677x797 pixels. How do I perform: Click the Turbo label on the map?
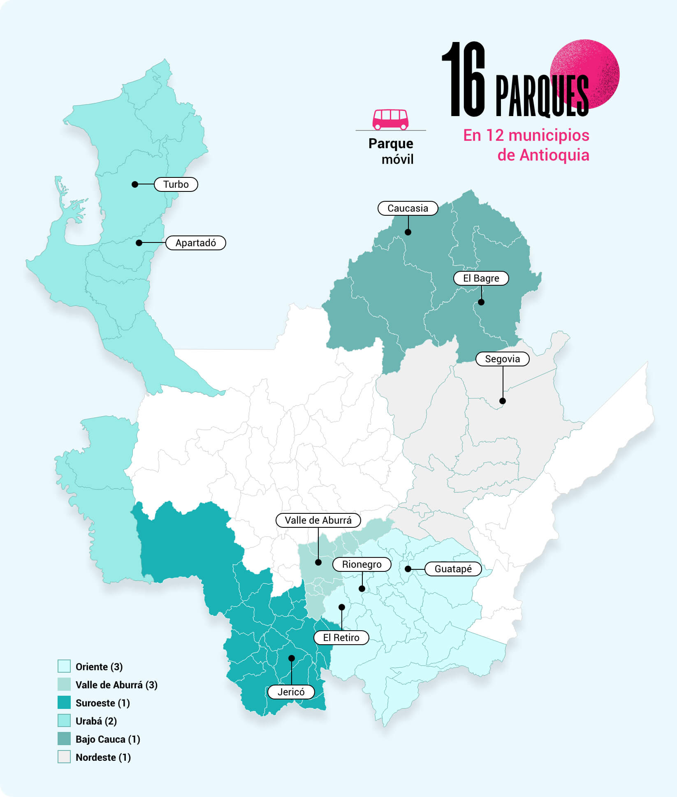176,184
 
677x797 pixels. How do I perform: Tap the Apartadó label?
196,243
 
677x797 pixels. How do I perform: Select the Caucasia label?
408,208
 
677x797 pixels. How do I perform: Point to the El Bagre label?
481,278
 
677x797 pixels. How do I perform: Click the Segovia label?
502,359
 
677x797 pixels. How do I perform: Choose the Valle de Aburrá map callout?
318,520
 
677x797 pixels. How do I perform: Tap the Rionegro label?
362,564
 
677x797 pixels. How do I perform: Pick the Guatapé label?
453,569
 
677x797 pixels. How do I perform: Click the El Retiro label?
341,638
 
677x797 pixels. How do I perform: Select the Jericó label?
291,692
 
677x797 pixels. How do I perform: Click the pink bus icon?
390,119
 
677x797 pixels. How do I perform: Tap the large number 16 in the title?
464,80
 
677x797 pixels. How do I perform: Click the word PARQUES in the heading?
542,96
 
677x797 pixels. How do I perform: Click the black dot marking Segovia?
503,401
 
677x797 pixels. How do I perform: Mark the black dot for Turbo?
135,184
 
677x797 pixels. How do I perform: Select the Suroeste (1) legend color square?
64,703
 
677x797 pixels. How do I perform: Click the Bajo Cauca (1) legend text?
108,739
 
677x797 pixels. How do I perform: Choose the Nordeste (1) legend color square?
64,757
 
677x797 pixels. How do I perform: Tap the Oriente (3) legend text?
99,667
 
